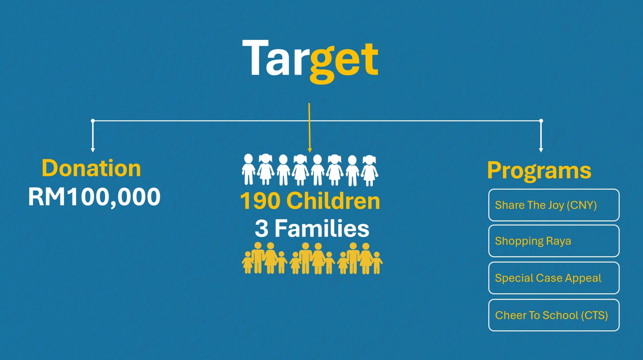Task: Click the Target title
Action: (x=310, y=61)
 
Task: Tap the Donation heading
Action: (x=91, y=168)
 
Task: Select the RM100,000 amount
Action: (x=94, y=197)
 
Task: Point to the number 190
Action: (x=260, y=201)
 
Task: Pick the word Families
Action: (x=322, y=228)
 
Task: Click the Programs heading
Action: (x=539, y=171)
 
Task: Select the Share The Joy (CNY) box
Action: (x=554, y=205)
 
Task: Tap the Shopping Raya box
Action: (x=554, y=241)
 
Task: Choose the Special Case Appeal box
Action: (x=554, y=278)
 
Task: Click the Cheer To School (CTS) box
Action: (x=554, y=315)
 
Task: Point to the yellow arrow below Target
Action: (x=310, y=128)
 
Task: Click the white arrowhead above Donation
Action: (x=93, y=150)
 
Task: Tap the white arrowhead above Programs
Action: (x=541, y=150)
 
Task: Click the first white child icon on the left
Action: (x=248, y=170)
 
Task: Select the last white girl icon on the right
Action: (x=369, y=171)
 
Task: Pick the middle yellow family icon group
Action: (x=312, y=258)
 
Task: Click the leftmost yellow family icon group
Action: (x=264, y=258)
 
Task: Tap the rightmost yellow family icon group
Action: (x=360, y=258)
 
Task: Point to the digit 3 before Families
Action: (x=262, y=229)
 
